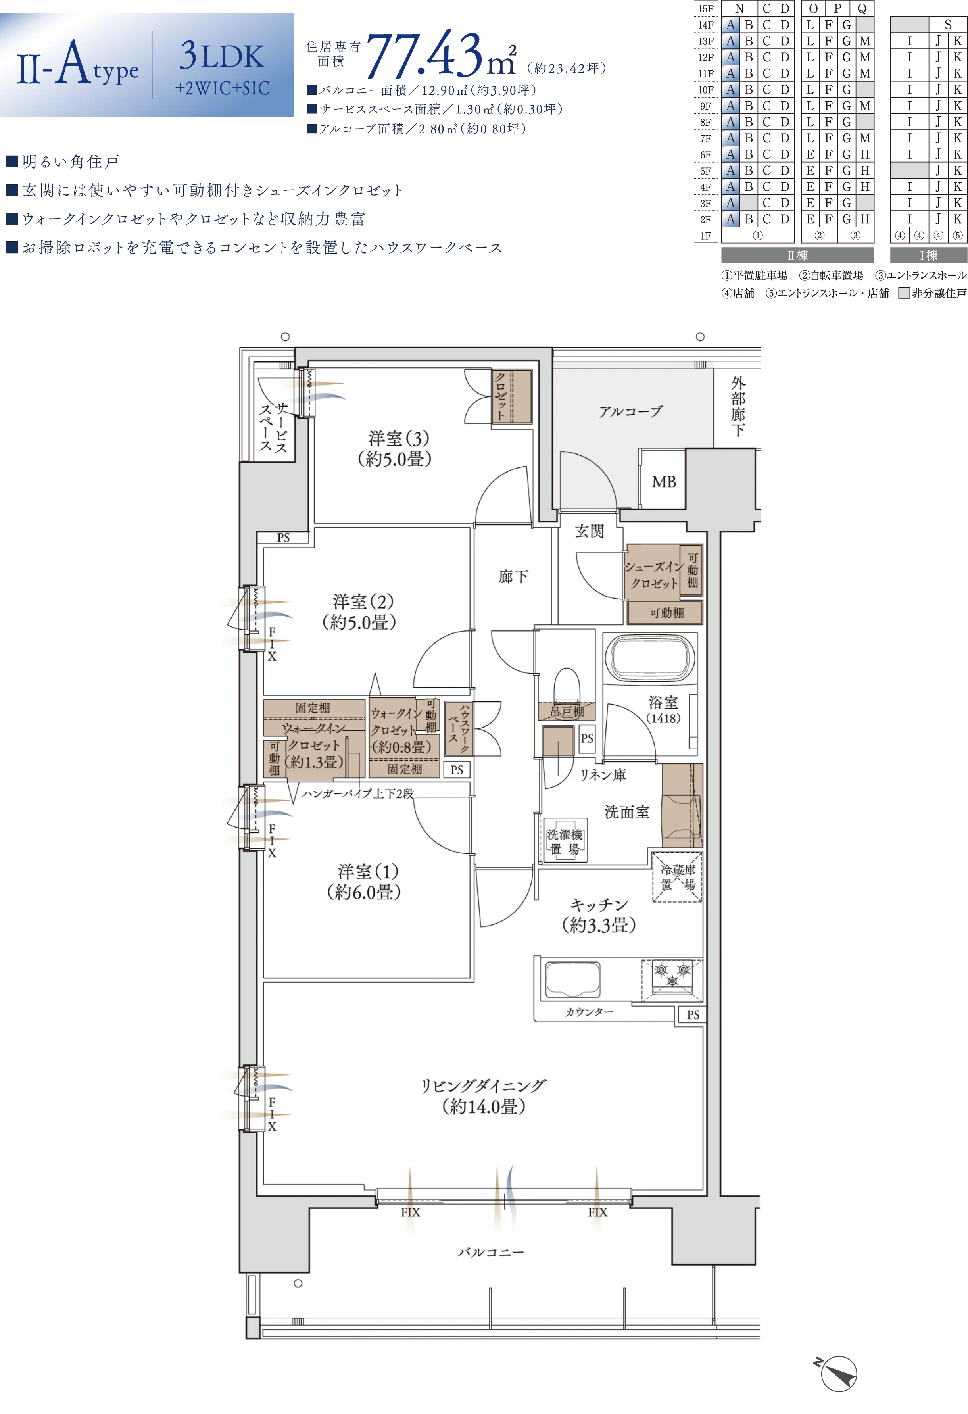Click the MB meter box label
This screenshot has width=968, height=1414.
(x=664, y=482)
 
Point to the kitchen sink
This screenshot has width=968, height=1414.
(x=572, y=979)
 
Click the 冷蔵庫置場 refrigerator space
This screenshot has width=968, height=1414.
(x=678, y=877)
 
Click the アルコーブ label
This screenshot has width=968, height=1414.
(x=630, y=411)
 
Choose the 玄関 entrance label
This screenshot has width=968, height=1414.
(x=589, y=531)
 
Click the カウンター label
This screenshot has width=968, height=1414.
(x=589, y=1011)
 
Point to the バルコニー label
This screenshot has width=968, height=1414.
(x=490, y=1252)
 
